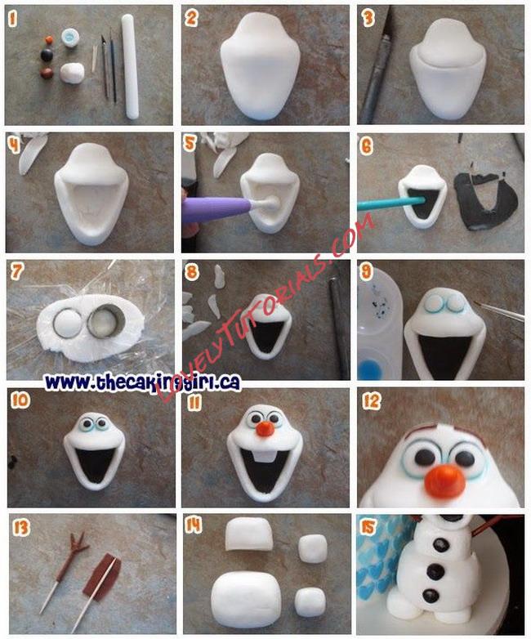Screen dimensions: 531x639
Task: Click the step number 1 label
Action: (12, 19)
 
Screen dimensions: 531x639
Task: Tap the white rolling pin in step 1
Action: (130, 66)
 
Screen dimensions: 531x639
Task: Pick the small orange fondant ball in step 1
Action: (49, 40)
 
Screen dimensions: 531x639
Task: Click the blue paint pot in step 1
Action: (70, 38)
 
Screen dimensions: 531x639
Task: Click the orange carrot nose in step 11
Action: (266, 428)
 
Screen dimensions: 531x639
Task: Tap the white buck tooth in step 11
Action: (261, 457)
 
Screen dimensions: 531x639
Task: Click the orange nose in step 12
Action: (445, 482)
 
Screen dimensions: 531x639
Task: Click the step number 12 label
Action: (371, 402)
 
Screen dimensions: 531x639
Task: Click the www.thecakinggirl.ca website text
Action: (143, 382)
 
